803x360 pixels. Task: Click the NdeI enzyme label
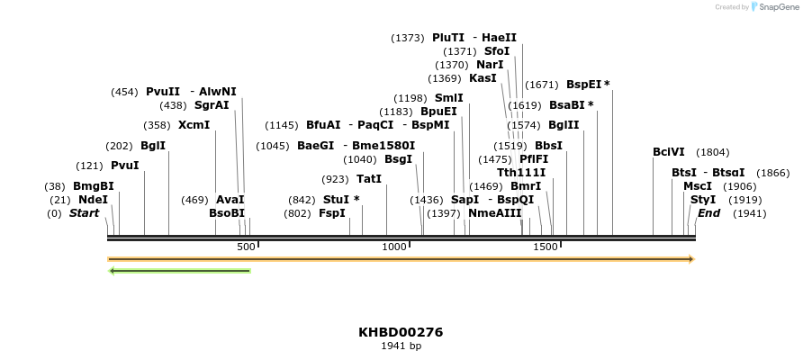coord(93,200)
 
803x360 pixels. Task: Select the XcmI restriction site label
coord(194,124)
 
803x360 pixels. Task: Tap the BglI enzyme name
coord(153,146)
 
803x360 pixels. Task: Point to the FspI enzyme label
coord(332,213)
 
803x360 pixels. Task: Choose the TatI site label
coord(369,178)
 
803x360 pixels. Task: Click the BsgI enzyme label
coord(398,158)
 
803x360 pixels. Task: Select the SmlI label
coord(449,97)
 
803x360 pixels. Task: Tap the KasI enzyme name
coord(483,77)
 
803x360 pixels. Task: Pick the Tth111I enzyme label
coord(521,172)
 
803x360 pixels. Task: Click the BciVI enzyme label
coord(669,152)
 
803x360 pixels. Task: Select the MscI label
coord(698,185)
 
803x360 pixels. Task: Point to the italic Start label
coord(84,213)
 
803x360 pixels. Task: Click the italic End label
coord(708,213)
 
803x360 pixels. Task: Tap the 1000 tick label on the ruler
coord(395,247)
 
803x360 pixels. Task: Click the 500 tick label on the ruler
coord(246,247)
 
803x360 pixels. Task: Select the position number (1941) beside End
coord(751,213)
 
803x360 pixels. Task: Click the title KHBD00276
coord(401,332)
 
